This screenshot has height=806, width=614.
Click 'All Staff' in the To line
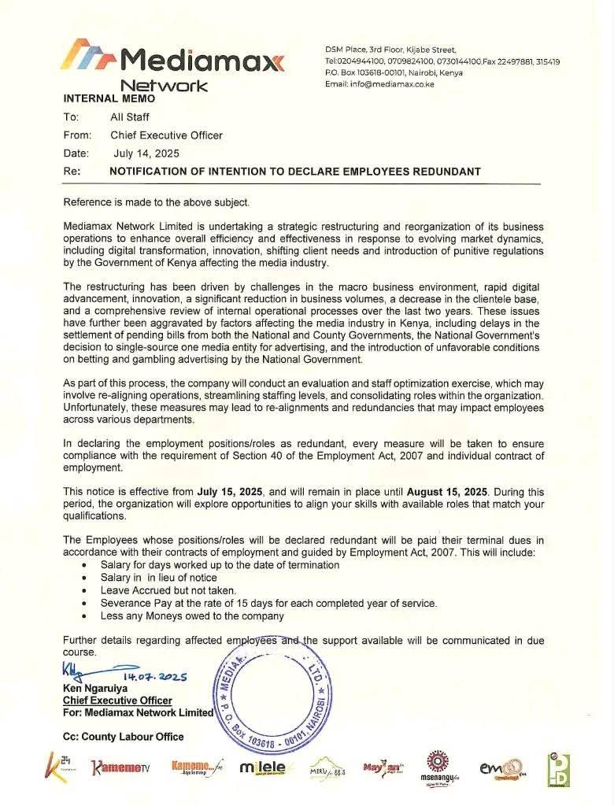pyautogui.click(x=130, y=116)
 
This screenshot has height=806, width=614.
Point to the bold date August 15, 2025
pyautogui.click(x=446, y=491)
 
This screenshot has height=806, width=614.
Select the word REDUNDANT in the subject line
pyautogui.click(x=443, y=172)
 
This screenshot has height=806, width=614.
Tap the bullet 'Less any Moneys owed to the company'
pyautogui.click(x=192, y=616)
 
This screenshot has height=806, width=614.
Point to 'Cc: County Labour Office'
pyautogui.click(x=124, y=737)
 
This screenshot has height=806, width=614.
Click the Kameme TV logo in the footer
pyautogui.click(x=120, y=767)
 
